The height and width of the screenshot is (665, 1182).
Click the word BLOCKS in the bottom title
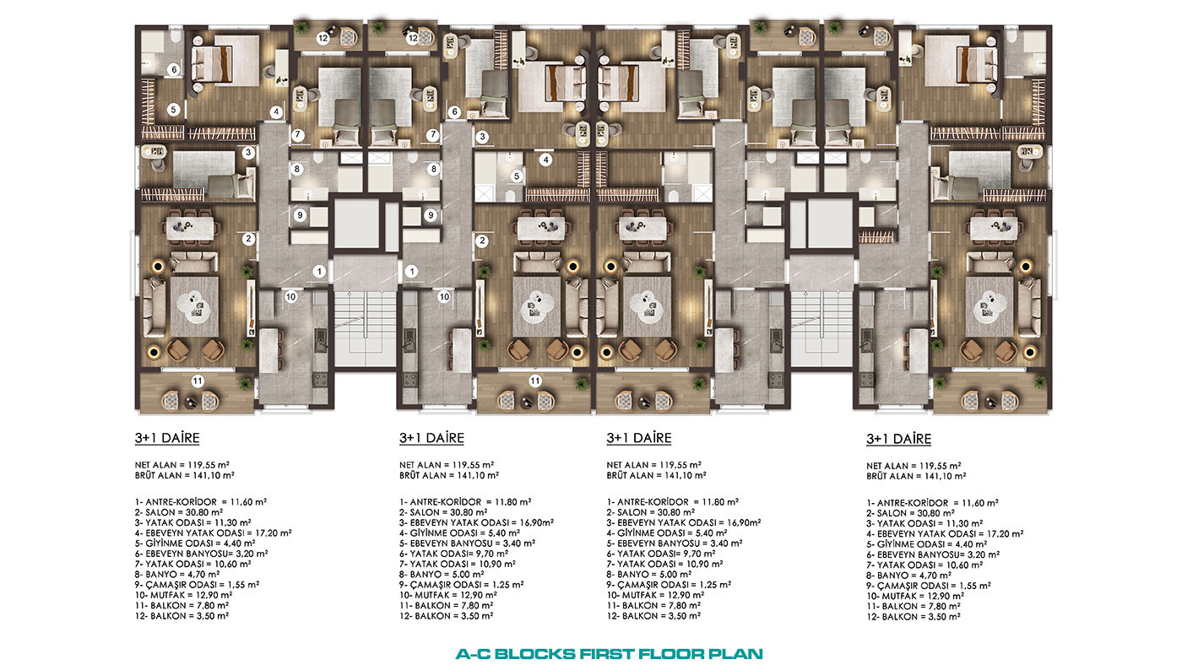pyautogui.click(x=535, y=654)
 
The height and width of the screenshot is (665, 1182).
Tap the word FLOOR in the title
pyautogui.click(x=670, y=654)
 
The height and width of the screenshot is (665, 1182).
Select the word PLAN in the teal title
pyautogui.click(x=735, y=654)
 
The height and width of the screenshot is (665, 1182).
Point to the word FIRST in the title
pyautogui.click(x=606, y=654)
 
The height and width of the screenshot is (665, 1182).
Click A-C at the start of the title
pyautogui.click(x=474, y=654)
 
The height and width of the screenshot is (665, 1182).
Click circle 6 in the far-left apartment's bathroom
pyautogui.click(x=174, y=69)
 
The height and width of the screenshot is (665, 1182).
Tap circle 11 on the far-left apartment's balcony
pyautogui.click(x=198, y=381)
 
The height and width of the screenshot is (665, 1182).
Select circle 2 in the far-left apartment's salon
pyautogui.click(x=248, y=239)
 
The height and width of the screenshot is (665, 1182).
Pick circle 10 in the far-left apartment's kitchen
pyautogui.click(x=290, y=296)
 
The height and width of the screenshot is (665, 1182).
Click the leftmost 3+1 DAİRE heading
pyautogui.click(x=167, y=438)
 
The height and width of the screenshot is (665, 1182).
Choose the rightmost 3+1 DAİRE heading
pyautogui.click(x=898, y=439)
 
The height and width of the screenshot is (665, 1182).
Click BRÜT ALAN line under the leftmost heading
pyautogui.click(x=185, y=475)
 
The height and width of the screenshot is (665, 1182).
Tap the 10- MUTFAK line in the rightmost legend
pyautogui.click(x=915, y=596)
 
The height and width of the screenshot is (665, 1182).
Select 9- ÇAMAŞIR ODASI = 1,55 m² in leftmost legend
pyautogui.click(x=197, y=584)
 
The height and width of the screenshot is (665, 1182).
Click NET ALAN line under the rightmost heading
pyautogui.click(x=914, y=466)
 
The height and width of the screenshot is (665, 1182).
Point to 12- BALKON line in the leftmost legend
pyautogui.click(x=182, y=615)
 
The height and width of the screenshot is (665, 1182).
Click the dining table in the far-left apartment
pyautogui.click(x=191, y=228)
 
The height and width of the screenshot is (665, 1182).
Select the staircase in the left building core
pyautogui.click(x=365, y=327)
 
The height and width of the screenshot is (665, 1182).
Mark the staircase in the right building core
pyautogui.click(x=821, y=327)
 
